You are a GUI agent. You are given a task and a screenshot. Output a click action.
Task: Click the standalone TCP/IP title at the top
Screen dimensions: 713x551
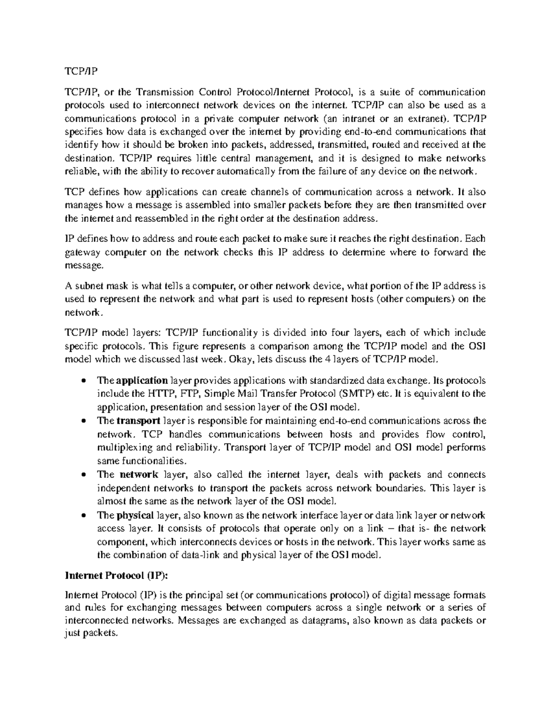[x=80, y=72]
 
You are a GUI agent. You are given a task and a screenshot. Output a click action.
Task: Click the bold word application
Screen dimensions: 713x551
[x=142, y=381]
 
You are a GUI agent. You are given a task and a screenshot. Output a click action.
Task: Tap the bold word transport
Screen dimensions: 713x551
[x=138, y=421]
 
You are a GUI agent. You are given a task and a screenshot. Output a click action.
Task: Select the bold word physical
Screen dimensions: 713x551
[x=136, y=515]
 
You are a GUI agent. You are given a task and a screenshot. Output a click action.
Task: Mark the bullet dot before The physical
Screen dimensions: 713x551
[x=83, y=516]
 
